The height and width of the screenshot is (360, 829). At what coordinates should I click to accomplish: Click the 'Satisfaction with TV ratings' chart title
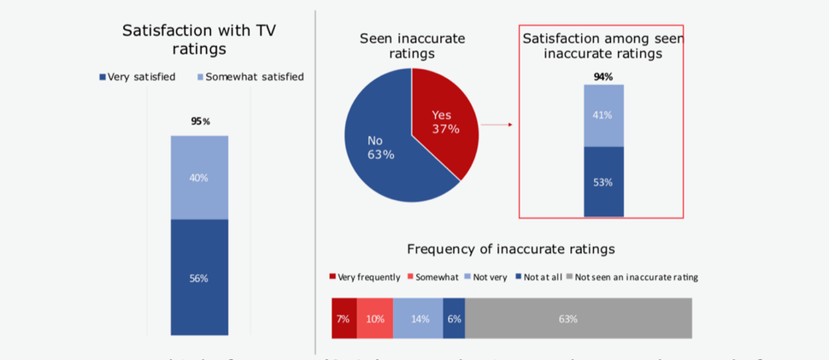click(198, 39)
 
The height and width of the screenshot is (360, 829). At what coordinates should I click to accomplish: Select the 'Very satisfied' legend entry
click(138, 77)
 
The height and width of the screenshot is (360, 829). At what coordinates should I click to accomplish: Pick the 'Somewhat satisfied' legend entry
click(250, 77)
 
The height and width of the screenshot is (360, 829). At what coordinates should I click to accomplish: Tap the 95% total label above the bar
click(200, 121)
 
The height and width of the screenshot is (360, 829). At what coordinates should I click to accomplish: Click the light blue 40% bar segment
click(199, 177)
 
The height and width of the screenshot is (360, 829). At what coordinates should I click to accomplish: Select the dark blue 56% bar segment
click(199, 277)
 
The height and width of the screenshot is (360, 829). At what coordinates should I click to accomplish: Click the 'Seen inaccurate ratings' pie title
click(412, 45)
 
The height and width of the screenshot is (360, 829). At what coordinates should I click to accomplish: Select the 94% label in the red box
click(603, 77)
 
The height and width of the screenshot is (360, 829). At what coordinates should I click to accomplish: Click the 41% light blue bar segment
click(603, 115)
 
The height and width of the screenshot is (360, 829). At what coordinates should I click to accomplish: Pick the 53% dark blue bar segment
click(603, 181)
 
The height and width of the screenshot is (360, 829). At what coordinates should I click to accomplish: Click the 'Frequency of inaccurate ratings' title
click(510, 249)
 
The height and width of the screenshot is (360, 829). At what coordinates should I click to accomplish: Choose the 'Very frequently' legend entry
click(365, 277)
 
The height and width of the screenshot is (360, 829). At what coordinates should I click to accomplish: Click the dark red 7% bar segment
click(344, 318)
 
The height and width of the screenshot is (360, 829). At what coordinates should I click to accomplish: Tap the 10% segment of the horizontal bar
click(375, 318)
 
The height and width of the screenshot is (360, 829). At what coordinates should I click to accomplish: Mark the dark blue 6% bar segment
click(454, 318)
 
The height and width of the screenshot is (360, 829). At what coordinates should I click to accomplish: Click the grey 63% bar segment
click(578, 318)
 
